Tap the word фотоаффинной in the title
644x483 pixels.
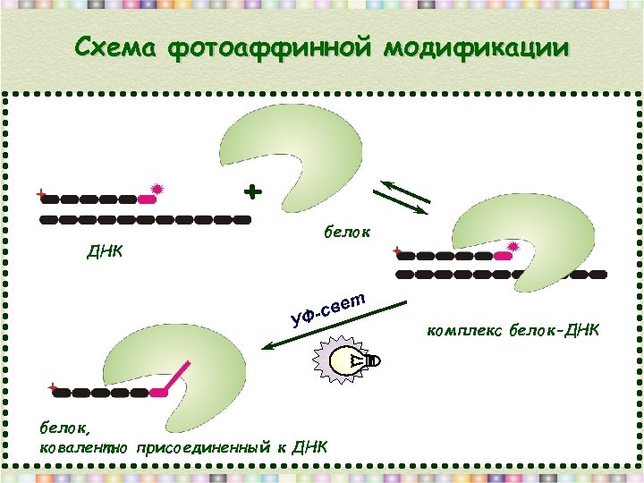[x=268, y=47]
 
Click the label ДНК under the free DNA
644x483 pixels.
[x=105, y=251]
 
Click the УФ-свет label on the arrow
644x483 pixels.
[x=328, y=305]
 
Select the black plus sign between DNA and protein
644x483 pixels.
[x=254, y=191]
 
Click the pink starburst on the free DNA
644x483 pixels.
[x=157, y=189]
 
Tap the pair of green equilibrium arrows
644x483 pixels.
[x=401, y=197]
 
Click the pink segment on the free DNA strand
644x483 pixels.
[x=146, y=199]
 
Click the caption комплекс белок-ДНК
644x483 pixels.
[x=513, y=332]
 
